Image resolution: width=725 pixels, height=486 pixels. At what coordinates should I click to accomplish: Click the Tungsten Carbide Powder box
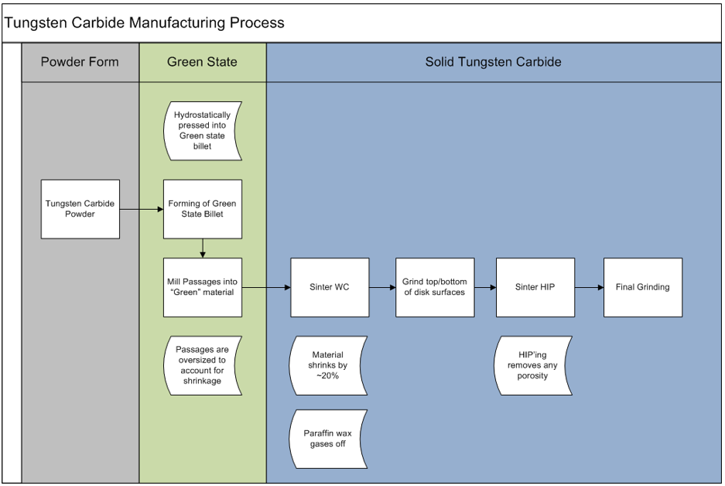(80, 209)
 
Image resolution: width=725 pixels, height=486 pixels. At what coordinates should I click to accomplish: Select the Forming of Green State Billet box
(203, 209)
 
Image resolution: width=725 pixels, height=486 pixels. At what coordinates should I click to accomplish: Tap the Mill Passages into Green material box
(203, 287)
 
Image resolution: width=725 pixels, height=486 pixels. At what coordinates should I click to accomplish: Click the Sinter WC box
(330, 287)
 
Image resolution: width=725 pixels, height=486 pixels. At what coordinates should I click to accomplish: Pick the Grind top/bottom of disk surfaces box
(435, 287)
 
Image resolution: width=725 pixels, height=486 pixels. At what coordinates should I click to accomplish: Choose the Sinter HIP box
(535, 287)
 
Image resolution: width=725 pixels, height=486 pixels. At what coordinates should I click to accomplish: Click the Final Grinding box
(643, 287)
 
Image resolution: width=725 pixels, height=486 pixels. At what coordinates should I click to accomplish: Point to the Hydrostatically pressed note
(203, 131)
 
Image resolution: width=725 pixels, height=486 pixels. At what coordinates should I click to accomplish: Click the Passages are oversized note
(203, 365)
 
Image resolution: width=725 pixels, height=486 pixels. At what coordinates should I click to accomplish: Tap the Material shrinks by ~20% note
(328, 365)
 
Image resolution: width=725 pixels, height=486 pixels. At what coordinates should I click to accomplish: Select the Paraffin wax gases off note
(328, 439)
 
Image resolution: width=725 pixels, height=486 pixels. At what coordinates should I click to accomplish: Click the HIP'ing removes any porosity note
(532, 365)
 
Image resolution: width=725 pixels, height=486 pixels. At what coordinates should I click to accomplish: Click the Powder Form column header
(80, 62)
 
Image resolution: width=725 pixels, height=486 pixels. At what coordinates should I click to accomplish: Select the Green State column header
(203, 62)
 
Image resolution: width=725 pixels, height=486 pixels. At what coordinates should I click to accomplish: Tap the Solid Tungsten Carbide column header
(494, 62)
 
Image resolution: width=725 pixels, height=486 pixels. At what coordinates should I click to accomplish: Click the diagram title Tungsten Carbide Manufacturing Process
(144, 22)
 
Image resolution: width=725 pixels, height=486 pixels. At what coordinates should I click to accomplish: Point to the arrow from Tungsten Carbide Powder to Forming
(142, 209)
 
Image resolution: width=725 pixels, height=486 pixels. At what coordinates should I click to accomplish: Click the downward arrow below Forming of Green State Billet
(203, 248)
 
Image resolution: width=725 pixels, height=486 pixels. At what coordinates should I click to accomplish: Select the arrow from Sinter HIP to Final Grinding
(590, 287)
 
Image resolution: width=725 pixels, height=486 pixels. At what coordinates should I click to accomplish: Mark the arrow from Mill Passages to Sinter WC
(266, 287)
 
